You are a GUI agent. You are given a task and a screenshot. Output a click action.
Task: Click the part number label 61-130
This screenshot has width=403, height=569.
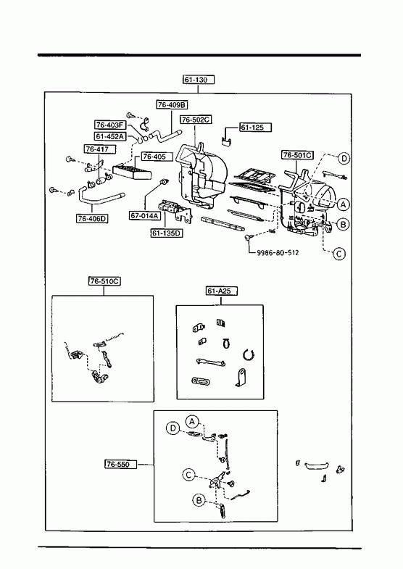pyautogui.click(x=199, y=80)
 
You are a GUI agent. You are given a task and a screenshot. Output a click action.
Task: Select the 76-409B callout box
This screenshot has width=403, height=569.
pyautogui.click(x=173, y=105)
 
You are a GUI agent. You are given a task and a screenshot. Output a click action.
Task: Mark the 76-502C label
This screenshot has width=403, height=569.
pyautogui.click(x=196, y=120)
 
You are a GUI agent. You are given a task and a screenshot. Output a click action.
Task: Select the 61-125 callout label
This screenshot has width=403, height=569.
pyautogui.click(x=256, y=128)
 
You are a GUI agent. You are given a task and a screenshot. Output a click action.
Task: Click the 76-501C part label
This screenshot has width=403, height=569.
pyautogui.click(x=298, y=155)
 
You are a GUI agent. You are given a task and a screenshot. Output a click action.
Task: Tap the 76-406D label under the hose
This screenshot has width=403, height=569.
pyautogui.click(x=93, y=218)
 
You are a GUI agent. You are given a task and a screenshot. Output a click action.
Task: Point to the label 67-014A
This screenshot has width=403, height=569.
pyautogui.click(x=145, y=215)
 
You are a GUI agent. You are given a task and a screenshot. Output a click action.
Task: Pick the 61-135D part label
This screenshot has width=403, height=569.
pyautogui.click(x=167, y=233)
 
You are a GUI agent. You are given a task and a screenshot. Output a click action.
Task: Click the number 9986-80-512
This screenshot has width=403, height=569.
pyautogui.click(x=278, y=252)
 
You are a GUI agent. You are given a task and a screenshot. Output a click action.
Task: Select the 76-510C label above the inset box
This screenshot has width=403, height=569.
pyautogui.click(x=105, y=281)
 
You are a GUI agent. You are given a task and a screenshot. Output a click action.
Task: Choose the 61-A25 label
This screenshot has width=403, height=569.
pyautogui.click(x=222, y=291)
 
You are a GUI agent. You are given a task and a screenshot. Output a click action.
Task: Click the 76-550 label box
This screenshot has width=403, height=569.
pyautogui.click(x=121, y=464)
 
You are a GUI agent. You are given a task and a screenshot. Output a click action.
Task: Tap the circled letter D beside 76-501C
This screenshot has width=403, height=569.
pyautogui.click(x=344, y=159)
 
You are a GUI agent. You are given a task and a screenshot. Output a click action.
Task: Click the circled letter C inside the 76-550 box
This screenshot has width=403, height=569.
pyautogui.click(x=188, y=475)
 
